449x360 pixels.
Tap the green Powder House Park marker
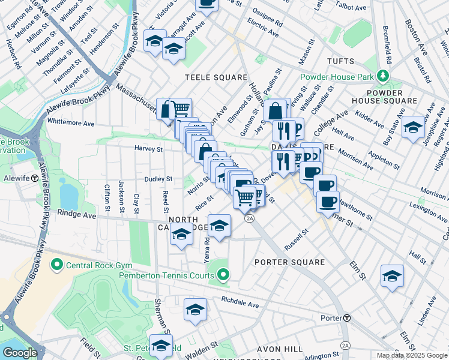[382, 76]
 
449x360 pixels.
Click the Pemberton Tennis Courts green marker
[223, 275]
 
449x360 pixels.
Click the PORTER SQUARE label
[289, 262]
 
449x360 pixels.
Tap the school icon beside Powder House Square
[413, 127]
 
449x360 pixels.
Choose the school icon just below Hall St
[392, 276]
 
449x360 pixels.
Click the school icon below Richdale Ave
[195, 310]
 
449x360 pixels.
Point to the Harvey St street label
[148, 148]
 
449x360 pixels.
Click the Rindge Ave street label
[76, 214]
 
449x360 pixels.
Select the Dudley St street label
[158, 179]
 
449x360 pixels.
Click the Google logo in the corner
[20, 353]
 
